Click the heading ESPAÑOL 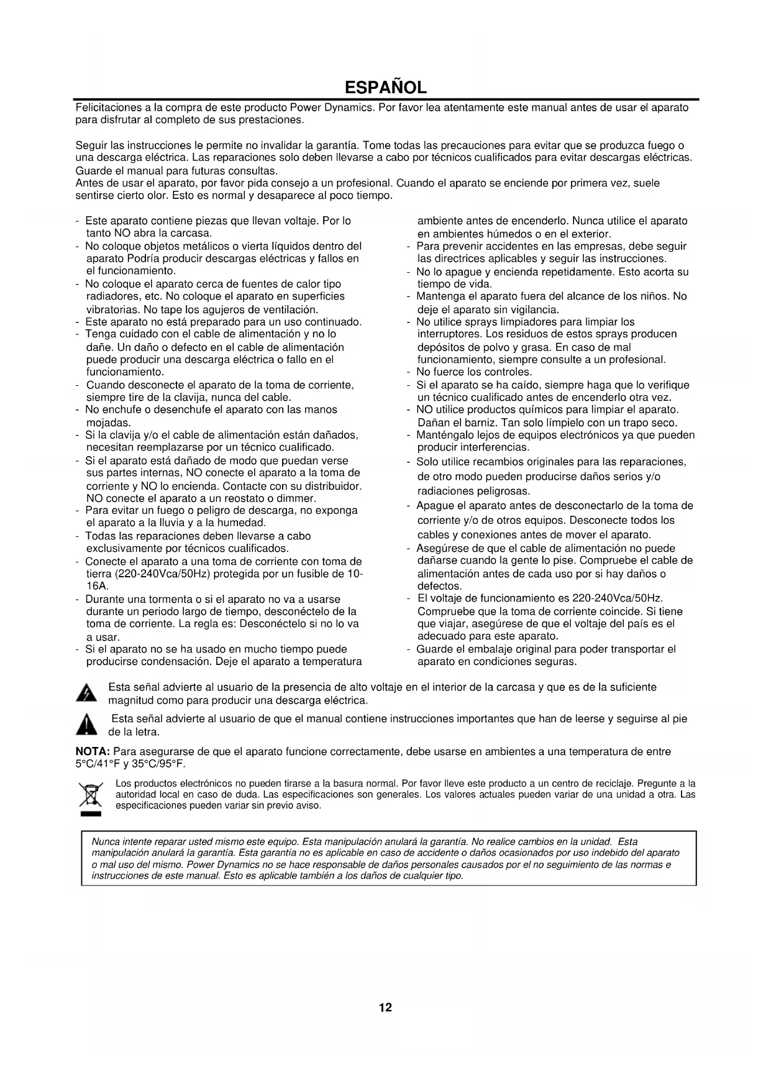[x=385, y=86]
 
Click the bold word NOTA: [x=93, y=751]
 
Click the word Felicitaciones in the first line [x=106, y=108]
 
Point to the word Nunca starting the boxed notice [x=104, y=841]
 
